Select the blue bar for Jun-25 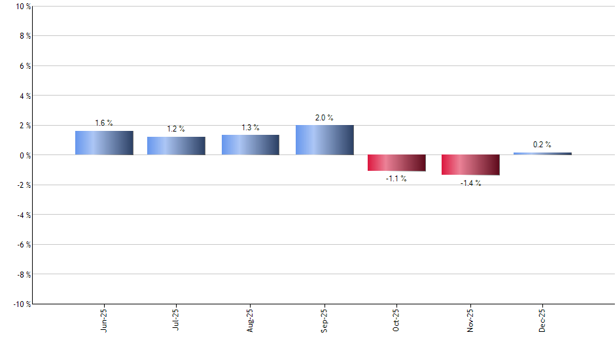click(104, 143)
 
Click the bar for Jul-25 click(176, 146)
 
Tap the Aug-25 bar click(251, 145)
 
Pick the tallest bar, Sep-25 click(325, 140)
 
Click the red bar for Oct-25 click(396, 163)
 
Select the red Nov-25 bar click(470, 165)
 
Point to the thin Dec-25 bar click(542, 153)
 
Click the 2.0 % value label click(325, 118)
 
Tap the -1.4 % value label click(470, 183)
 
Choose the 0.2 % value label click(542, 145)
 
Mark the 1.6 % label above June click(104, 123)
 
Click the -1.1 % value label click(396, 179)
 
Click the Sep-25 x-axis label click(325, 321)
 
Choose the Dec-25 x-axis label click(542, 321)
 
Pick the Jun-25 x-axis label click(105, 321)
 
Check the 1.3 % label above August click(251, 128)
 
